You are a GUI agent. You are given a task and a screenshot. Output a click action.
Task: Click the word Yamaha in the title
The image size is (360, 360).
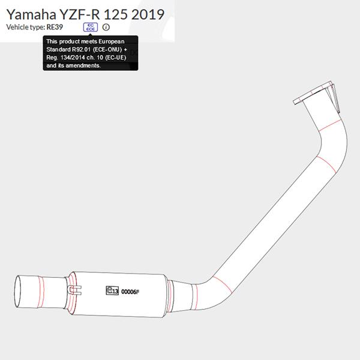pyautogui.click(x=31, y=14)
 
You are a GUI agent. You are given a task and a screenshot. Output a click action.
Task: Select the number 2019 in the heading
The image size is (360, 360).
pyautogui.click(x=148, y=14)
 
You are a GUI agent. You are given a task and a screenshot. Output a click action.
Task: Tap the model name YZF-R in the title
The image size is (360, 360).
pyautogui.click(x=80, y=14)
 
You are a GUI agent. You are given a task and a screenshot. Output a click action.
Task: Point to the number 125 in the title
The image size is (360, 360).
pyautogui.click(x=115, y=14)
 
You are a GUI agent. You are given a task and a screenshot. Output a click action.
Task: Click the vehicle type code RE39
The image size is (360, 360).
pyautogui.click(x=55, y=27)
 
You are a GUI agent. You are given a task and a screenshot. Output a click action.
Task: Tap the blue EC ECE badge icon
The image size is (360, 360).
pyautogui.click(x=91, y=27)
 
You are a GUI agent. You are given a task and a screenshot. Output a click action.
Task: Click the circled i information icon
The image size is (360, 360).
pyautogui.click(x=106, y=27)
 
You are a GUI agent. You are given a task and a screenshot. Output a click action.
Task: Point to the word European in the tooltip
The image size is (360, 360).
pyautogui.click(x=112, y=42)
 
